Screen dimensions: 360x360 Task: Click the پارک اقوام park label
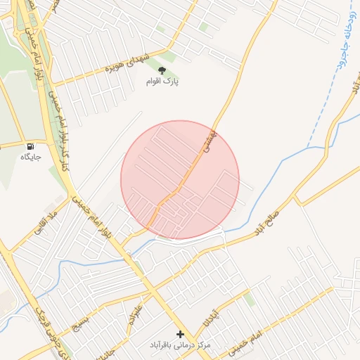click(162, 82)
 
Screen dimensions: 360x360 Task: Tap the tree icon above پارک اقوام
click(162, 70)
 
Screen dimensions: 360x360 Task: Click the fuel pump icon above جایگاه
click(30, 146)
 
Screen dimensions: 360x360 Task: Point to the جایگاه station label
click(31, 156)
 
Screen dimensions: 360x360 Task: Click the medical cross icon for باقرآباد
click(180, 335)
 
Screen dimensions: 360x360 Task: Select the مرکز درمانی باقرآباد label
click(180, 346)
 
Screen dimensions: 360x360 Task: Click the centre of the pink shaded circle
click(180, 179)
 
